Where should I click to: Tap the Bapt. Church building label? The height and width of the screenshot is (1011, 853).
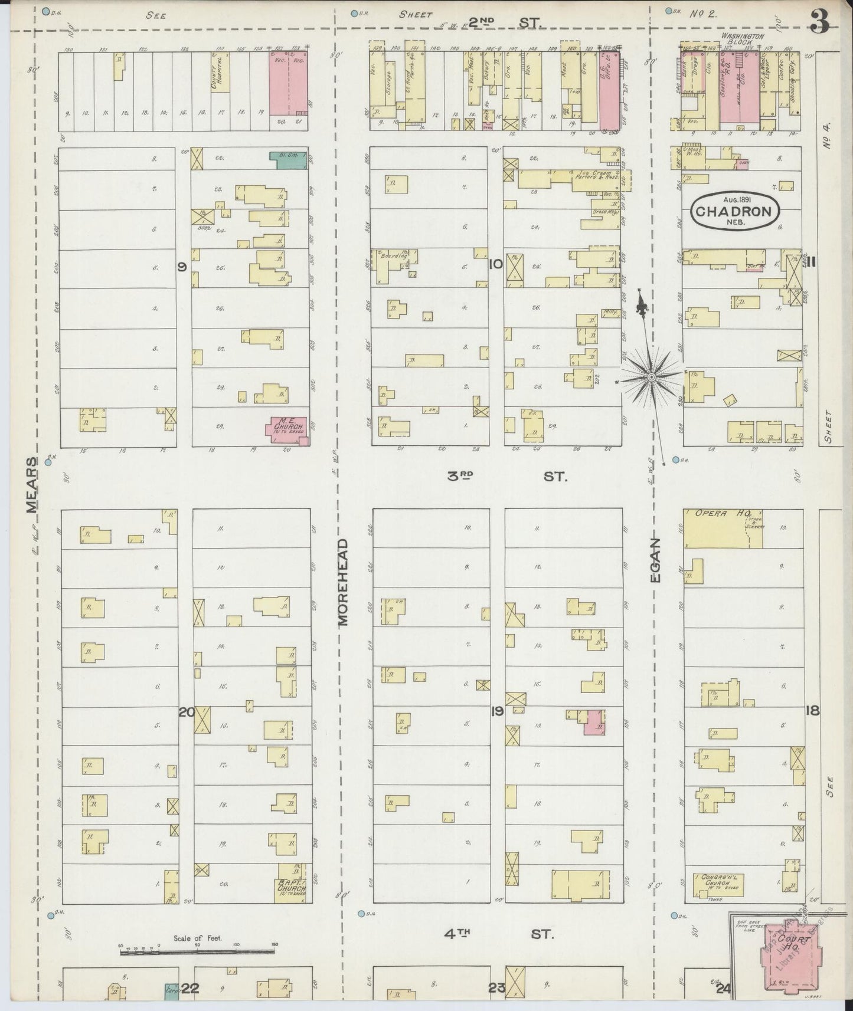coord(292,886)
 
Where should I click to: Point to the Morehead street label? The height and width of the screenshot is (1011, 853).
coord(344,582)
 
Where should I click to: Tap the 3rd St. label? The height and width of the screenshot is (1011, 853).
coord(508,476)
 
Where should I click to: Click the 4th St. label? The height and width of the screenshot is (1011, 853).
coord(499,934)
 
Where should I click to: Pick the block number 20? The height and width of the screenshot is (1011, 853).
coord(186,712)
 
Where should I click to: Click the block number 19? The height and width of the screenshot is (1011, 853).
coord(496,711)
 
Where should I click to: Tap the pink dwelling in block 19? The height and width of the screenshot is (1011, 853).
coord(594,723)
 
